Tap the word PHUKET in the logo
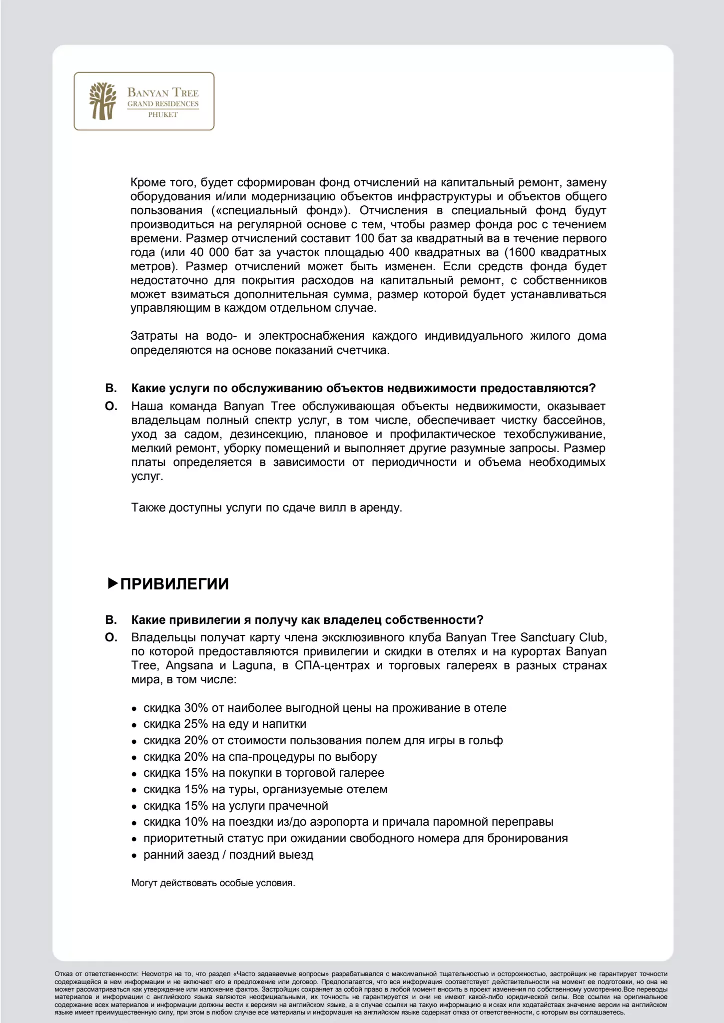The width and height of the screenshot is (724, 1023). click(x=163, y=115)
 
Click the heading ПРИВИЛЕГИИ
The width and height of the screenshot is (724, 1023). click(x=174, y=584)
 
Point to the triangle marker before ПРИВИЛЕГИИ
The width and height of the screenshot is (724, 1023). click(x=112, y=583)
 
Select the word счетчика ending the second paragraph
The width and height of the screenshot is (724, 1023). click(x=364, y=350)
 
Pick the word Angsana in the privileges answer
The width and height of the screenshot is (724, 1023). click(x=189, y=666)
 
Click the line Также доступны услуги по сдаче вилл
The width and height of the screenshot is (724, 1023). click(x=266, y=508)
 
